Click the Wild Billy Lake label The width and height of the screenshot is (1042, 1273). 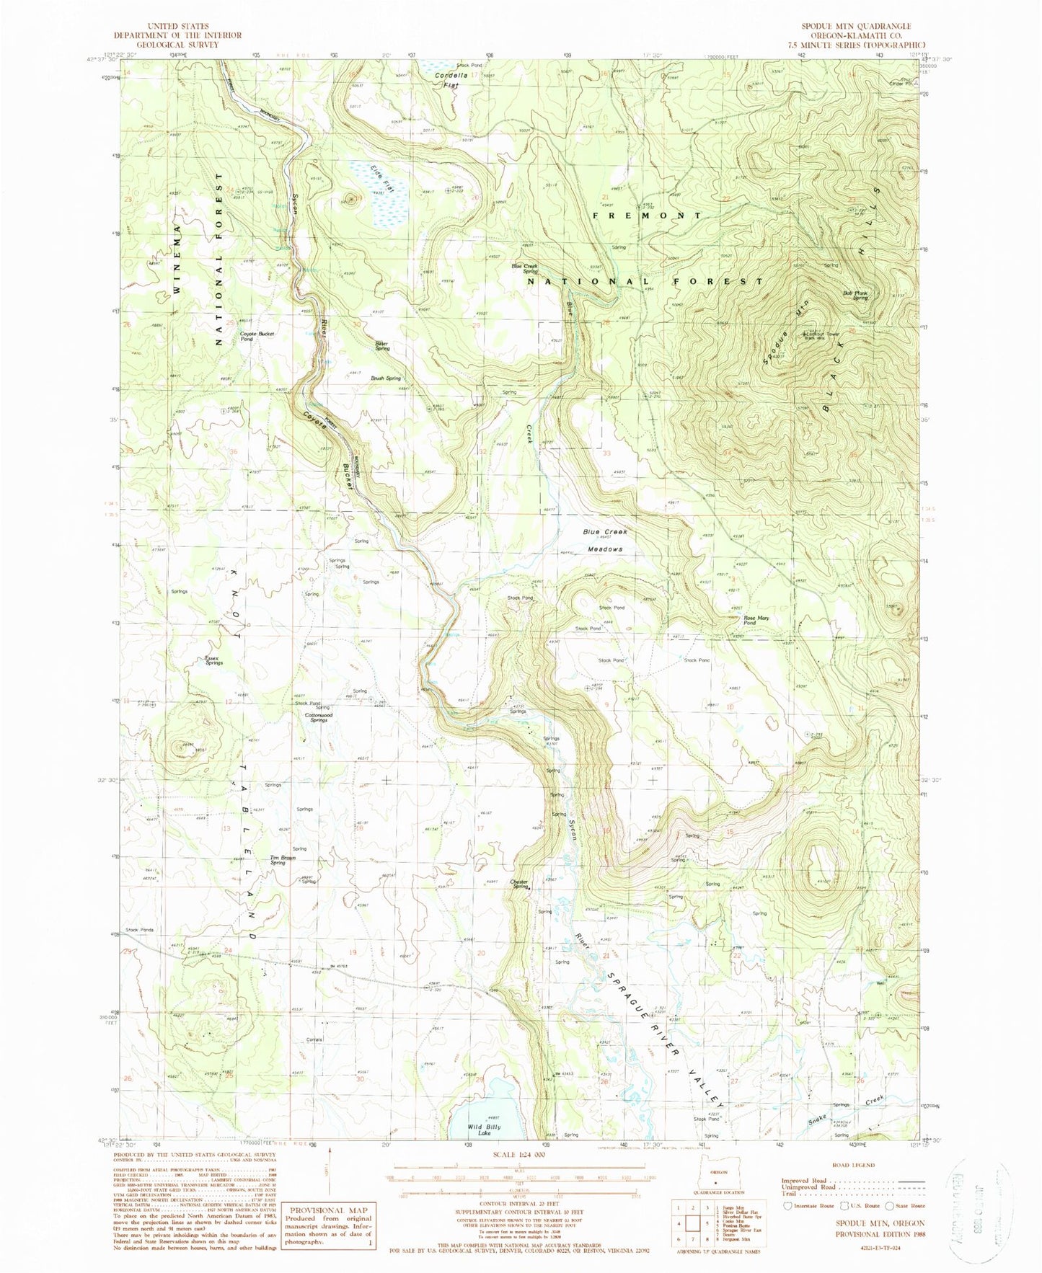point(484,1130)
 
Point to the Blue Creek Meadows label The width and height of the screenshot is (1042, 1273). point(604,540)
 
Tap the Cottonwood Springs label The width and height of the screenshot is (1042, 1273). point(319,717)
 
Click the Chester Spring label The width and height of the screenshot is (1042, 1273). point(520,884)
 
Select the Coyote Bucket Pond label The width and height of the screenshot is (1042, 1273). point(257,335)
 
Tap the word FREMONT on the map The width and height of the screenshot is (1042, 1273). point(647,216)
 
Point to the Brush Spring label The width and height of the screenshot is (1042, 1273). point(386,378)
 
